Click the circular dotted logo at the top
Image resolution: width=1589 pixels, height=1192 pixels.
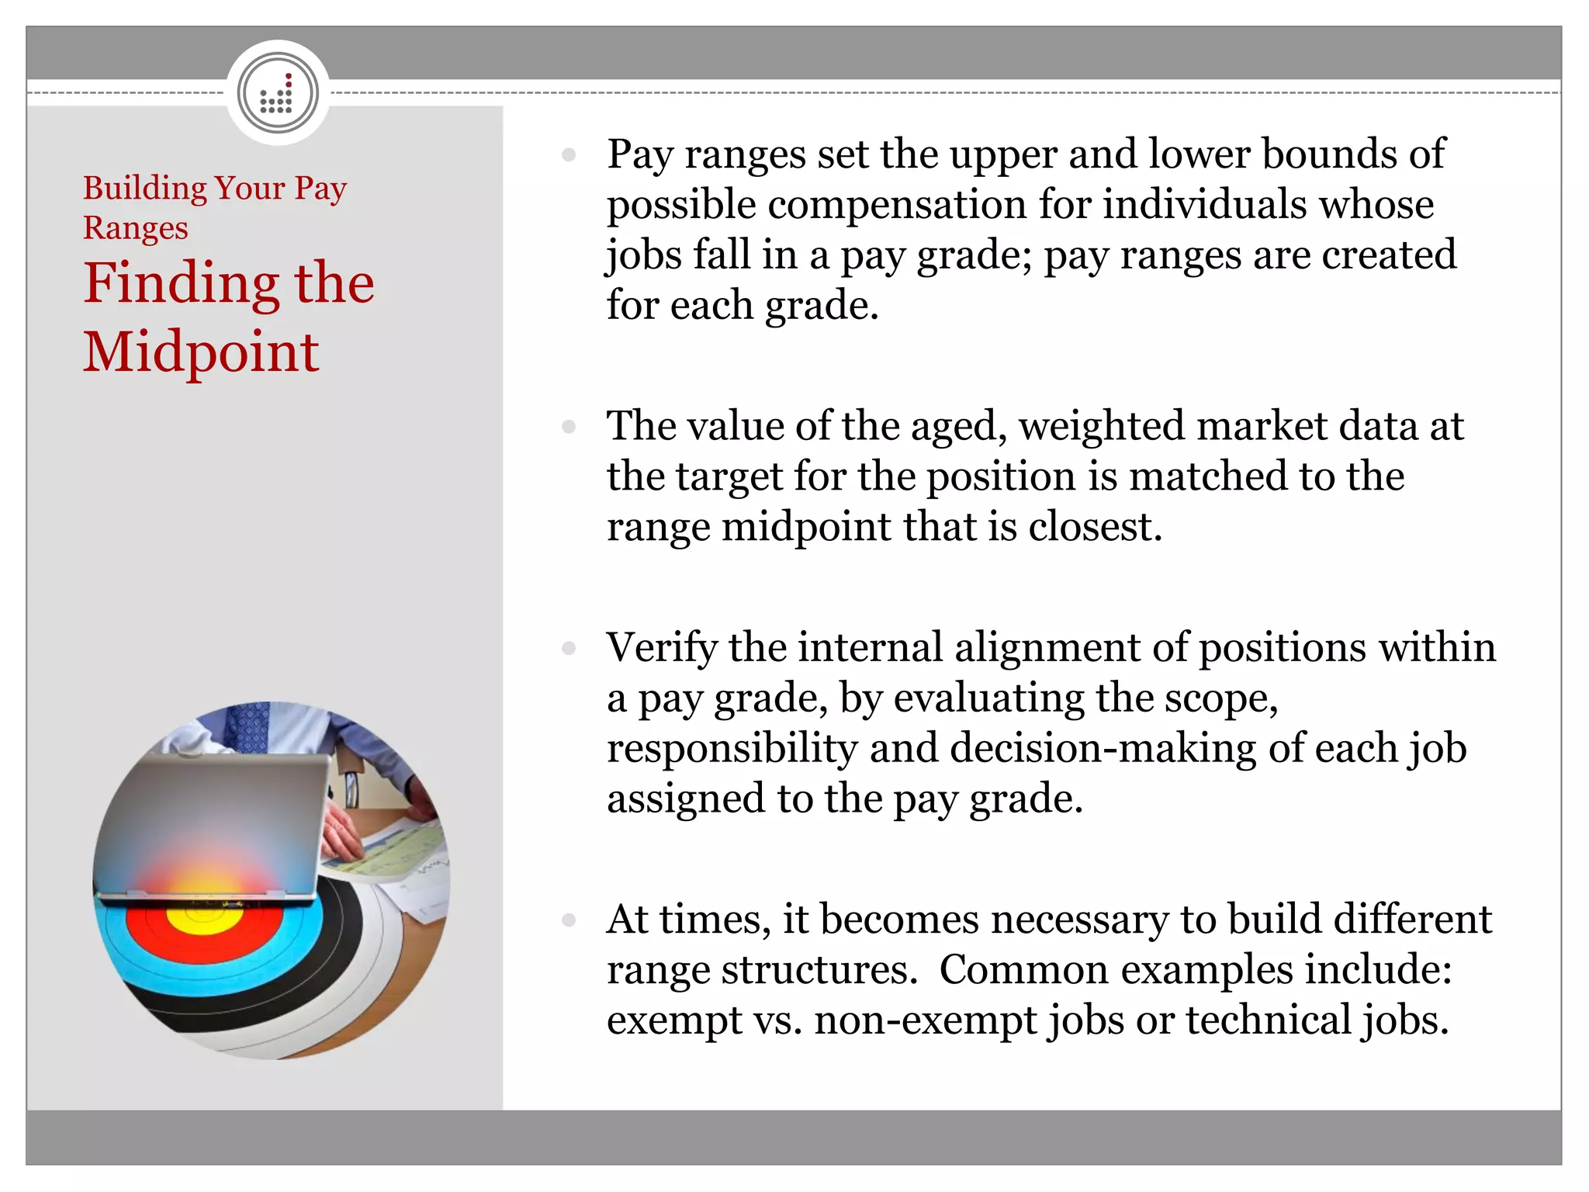(x=278, y=93)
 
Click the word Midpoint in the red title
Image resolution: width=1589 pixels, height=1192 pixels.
(x=201, y=353)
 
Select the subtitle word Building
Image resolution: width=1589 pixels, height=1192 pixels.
(x=145, y=189)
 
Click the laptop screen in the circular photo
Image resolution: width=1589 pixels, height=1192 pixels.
(x=209, y=823)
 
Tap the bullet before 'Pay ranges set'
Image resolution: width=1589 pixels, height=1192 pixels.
(x=569, y=155)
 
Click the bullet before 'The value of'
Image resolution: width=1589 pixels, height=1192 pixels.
(x=569, y=427)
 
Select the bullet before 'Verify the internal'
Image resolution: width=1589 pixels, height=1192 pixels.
(x=569, y=648)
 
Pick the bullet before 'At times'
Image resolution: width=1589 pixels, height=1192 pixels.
(x=569, y=920)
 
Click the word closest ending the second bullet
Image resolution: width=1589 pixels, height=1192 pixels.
(x=1095, y=528)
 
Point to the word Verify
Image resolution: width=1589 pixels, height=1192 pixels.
(x=662, y=649)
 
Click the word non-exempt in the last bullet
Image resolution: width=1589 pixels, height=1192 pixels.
(x=925, y=1020)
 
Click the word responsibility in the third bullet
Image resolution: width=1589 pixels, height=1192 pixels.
(x=732, y=749)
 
